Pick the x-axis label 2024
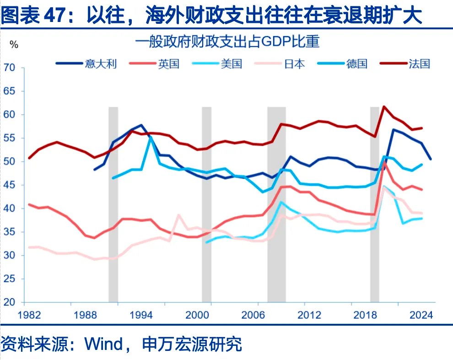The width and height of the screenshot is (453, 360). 421,316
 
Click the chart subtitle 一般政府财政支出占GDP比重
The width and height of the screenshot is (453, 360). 227,42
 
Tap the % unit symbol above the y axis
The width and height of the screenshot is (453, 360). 14,45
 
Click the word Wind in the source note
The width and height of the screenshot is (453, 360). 104,344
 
